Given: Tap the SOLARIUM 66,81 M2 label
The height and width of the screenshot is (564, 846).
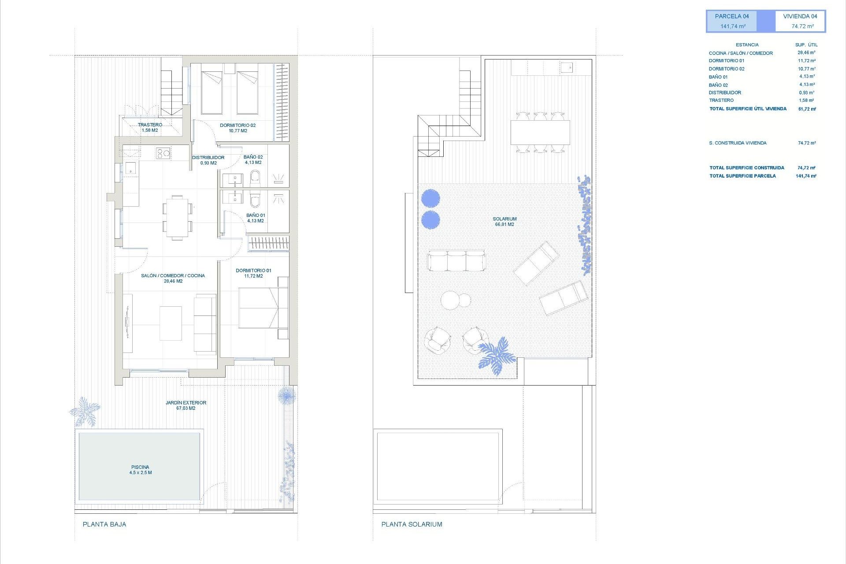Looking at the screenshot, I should [x=505, y=222].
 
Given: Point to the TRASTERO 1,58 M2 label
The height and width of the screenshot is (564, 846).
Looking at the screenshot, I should [x=150, y=127].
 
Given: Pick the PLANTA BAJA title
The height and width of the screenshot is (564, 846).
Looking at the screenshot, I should [x=104, y=524].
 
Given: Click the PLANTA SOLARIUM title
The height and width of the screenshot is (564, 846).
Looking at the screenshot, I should [x=412, y=524].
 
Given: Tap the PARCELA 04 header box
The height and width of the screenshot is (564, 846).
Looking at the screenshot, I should [x=732, y=21].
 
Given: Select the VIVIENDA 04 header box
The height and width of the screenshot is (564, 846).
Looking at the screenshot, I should [x=800, y=21].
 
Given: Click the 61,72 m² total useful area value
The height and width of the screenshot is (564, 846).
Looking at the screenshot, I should [x=807, y=109].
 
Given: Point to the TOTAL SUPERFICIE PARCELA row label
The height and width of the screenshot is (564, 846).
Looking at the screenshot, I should [x=742, y=176].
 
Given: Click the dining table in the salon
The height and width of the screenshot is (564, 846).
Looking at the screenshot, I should [x=177, y=218].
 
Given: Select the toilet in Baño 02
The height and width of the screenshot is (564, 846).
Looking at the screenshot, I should [x=255, y=178].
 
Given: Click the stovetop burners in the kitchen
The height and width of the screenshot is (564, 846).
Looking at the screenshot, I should [x=163, y=153].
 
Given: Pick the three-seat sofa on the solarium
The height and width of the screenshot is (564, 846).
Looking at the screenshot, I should [x=456, y=261].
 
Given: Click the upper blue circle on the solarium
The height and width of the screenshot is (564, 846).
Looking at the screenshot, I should [x=430, y=198].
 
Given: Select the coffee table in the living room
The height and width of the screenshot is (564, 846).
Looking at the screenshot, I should [x=171, y=323].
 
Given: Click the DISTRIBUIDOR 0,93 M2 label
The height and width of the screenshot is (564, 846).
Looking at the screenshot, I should [x=208, y=160].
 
